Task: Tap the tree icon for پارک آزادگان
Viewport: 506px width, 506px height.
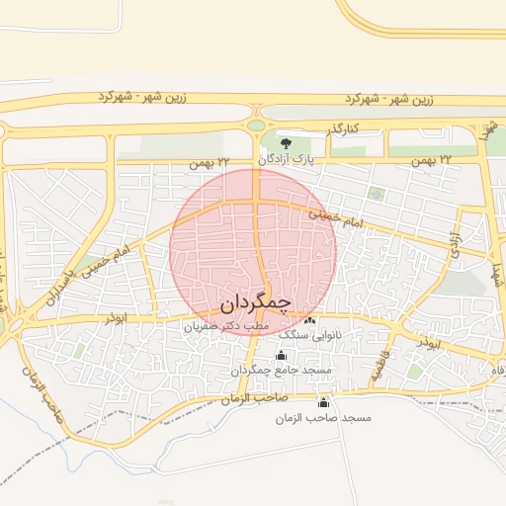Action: coord(287,145)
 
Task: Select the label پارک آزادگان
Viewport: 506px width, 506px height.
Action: coord(286,158)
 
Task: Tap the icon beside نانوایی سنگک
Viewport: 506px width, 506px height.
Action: coord(310,321)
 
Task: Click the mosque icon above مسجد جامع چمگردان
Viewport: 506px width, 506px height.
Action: coord(281,356)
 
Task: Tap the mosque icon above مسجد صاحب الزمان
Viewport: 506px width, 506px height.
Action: coord(323,403)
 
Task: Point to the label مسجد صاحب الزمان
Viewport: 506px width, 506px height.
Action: coord(323,418)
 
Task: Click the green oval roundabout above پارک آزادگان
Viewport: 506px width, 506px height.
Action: coord(257,125)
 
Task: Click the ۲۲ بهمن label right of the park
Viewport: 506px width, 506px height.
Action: coord(432,159)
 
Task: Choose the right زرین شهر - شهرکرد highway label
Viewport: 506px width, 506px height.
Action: coord(389,100)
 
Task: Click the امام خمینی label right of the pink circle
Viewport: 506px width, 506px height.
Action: coord(336,218)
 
